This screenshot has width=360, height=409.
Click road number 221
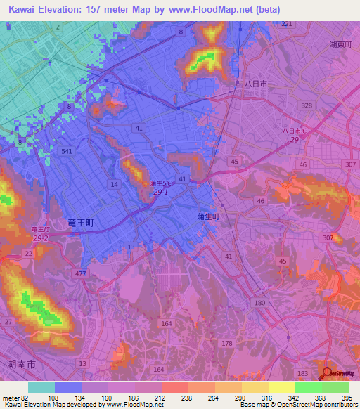coord(286,25)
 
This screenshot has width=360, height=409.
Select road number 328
coord(306,105)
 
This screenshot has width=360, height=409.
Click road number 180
coord(260,302)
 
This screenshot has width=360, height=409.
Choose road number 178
coord(226,343)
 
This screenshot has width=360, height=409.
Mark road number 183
coord(303,372)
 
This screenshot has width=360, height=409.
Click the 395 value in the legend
coord(347,398)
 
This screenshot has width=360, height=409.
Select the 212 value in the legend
coord(161,398)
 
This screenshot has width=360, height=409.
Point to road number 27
coord(8,322)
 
